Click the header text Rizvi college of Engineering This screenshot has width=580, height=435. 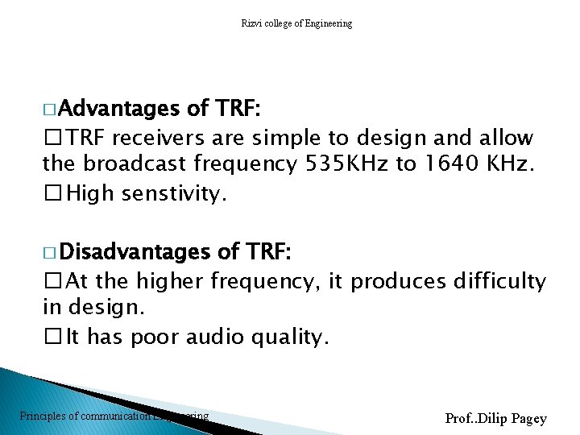pyautogui.click(x=296, y=23)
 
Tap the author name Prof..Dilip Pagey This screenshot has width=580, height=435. pyautogui.click(x=495, y=418)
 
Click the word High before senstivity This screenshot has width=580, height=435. pyautogui.click(x=90, y=193)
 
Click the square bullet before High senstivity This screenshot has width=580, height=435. pyautogui.click(x=52, y=193)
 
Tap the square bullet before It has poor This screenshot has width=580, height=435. pyautogui.click(x=52, y=337)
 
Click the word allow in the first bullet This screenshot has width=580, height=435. pyautogui.click(x=504, y=137)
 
